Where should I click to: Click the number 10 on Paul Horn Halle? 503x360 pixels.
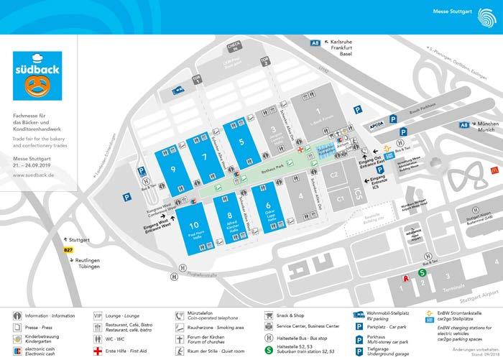coord(193,225)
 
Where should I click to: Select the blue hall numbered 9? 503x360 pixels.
coord(173,170)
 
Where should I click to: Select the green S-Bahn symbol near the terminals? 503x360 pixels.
coord(423,272)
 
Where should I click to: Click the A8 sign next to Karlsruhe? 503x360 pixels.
coord(314,44)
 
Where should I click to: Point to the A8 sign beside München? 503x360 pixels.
coord(465,125)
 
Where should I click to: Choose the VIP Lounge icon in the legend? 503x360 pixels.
coord(98,314)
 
